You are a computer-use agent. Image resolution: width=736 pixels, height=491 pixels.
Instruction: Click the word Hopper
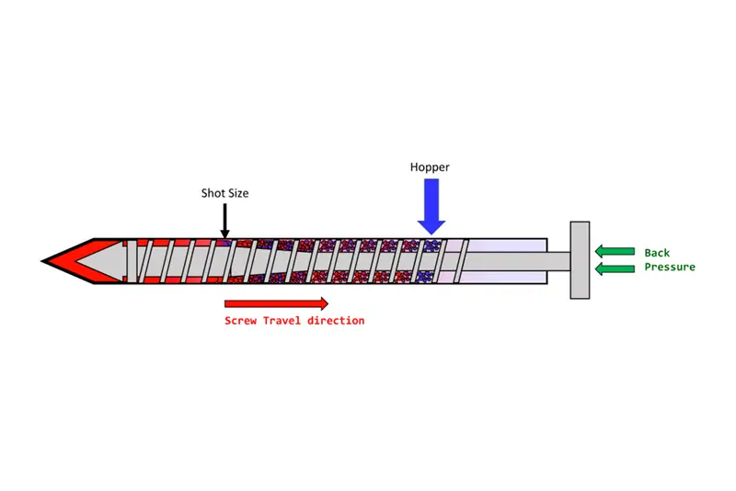tap(431, 167)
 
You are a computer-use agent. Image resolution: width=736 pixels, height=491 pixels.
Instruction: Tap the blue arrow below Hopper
tap(431, 208)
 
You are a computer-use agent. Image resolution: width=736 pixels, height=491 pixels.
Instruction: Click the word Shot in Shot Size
tap(213, 193)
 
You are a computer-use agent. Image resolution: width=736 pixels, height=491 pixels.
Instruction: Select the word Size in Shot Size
tap(237, 193)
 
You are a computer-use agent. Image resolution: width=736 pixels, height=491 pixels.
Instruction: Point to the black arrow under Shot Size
tap(224, 221)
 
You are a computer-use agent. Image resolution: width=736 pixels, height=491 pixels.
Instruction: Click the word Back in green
tap(657, 253)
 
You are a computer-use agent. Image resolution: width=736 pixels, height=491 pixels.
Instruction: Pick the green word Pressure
tap(669, 267)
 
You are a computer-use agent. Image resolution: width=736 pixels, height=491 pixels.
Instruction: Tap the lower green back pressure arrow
tap(615, 268)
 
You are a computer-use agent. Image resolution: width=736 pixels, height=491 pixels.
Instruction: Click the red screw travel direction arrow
tap(276, 303)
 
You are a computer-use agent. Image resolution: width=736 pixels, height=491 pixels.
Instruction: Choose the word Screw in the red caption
tap(241, 321)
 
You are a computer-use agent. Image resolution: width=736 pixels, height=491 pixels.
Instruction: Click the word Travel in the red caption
tap(284, 321)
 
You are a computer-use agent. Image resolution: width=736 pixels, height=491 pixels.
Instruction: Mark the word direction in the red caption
tap(336, 321)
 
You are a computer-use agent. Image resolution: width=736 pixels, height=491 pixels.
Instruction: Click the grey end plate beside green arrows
tap(580, 260)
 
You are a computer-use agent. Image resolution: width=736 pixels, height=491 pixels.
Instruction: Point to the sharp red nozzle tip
tap(52, 261)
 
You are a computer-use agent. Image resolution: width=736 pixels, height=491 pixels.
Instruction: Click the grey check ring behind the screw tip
tap(130, 261)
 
